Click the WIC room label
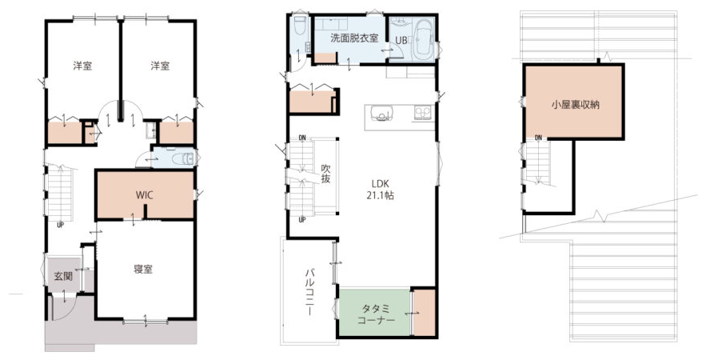coord(145,195)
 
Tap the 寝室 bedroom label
coord(143,270)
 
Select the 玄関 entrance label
coord(63,276)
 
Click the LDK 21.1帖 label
coord(380,190)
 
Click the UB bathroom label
coord(401,40)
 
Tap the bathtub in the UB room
coord(422,39)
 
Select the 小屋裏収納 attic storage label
coord(576,105)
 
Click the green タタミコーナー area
coord(375,312)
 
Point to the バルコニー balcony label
coord(309,291)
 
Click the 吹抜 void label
coord(325,174)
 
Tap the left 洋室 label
coord(83,66)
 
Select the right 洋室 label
coord(160,66)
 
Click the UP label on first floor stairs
coord(60,225)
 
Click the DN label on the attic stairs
coord(538,138)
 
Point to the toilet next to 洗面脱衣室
coord(300,26)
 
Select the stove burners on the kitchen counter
coord(423,112)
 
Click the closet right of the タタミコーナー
coord(424,312)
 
